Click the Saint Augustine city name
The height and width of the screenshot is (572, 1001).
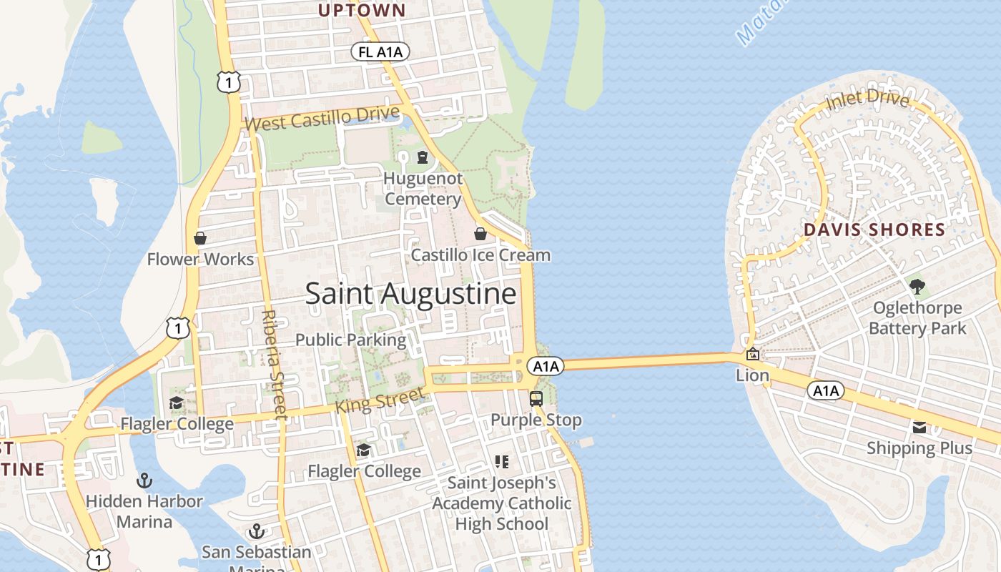(x=410, y=294)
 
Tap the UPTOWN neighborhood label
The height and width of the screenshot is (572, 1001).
(x=362, y=10)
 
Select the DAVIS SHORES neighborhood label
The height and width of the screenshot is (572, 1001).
(x=874, y=230)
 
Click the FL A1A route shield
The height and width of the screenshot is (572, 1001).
(x=380, y=51)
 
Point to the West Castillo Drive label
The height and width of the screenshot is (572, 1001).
(x=322, y=119)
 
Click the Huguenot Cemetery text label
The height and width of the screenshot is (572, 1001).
(x=423, y=189)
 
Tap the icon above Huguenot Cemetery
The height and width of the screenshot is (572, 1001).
(x=423, y=157)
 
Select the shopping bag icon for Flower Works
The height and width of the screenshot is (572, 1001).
(x=200, y=237)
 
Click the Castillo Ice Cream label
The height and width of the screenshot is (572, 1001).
(x=480, y=255)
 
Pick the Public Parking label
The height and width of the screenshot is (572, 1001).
(x=351, y=340)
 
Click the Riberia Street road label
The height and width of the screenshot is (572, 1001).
(x=274, y=364)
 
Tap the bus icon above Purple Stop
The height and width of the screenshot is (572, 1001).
(x=536, y=398)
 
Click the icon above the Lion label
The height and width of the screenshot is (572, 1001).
(x=752, y=354)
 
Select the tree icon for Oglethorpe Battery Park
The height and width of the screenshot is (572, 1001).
(x=917, y=287)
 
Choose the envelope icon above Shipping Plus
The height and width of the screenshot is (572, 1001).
(x=919, y=428)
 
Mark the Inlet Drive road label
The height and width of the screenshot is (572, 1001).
(x=867, y=100)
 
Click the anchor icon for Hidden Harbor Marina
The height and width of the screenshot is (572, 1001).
(x=144, y=480)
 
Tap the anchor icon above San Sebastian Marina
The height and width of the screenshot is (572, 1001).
(x=256, y=531)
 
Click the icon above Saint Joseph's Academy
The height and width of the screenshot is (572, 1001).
(x=501, y=462)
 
